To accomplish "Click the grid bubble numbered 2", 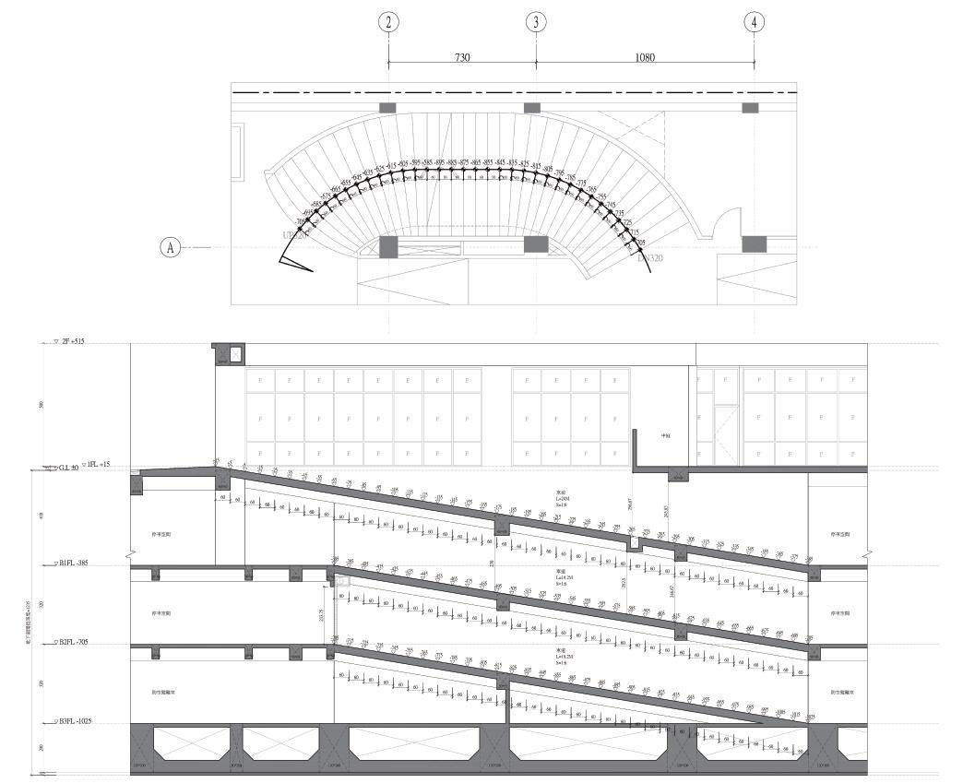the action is coord(388,23).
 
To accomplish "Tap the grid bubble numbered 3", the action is coord(536,23).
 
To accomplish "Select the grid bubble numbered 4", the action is coord(755,23).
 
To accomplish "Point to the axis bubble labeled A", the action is coord(170,247).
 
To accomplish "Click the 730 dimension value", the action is coord(462,57).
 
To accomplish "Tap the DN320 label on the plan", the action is coord(650,259).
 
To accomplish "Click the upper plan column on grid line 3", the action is coord(532,108).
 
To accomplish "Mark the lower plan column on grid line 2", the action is coord(388,246).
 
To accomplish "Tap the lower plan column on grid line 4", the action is coord(755,244).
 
